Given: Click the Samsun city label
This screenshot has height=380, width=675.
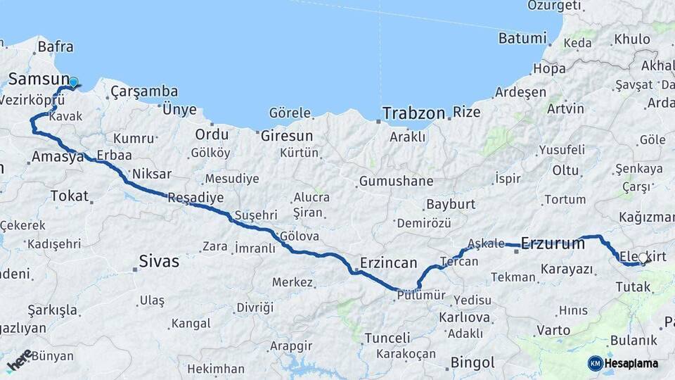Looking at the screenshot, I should (39, 79).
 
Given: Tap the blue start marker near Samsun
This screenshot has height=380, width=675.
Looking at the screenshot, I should (73, 83).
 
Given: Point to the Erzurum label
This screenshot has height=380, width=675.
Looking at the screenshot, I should (553, 244).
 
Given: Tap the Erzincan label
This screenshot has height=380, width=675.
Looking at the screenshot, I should (388, 262).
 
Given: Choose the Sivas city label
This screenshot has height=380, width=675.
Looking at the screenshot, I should (159, 262).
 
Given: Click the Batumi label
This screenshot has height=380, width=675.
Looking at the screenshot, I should (522, 38).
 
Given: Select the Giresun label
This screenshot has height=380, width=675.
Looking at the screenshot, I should (286, 135).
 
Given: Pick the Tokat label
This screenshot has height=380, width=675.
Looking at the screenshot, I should (69, 196).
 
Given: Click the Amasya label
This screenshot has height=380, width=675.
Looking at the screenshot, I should (58, 157).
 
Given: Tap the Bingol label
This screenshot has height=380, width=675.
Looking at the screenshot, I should (472, 363).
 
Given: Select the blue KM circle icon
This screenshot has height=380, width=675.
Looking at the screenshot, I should (596, 363).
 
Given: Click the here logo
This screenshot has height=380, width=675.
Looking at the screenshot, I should (20, 360).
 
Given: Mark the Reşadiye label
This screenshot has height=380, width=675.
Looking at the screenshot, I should (195, 198).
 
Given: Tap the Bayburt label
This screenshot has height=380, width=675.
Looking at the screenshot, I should (451, 205).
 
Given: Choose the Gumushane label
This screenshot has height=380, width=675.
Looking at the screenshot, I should (396, 182).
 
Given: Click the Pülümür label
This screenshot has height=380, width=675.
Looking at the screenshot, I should (421, 296).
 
